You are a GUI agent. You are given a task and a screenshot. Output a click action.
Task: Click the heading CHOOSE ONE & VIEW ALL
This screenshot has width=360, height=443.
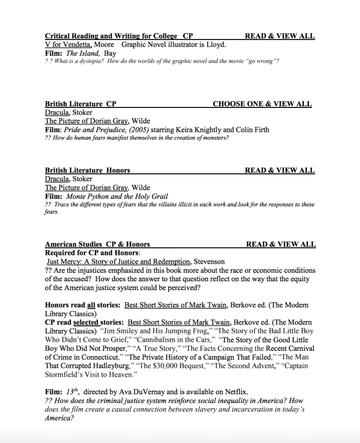tap(262, 104)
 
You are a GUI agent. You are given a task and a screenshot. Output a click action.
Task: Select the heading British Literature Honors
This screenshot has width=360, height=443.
tap(87, 170)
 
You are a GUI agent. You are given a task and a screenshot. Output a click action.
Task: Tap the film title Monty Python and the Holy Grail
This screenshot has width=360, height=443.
tap(117, 196)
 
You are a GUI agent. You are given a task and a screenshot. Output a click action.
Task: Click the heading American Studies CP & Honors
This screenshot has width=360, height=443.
tap(97, 244)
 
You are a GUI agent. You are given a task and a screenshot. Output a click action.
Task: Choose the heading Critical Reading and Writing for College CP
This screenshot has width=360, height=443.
tap(119, 36)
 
